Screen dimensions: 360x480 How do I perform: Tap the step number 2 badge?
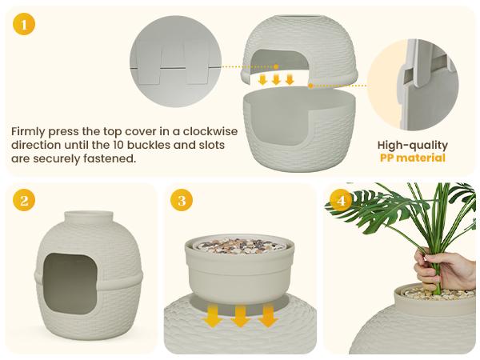[24, 201]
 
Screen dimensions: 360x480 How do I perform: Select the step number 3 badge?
[182, 201]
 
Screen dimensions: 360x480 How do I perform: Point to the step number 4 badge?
[342, 201]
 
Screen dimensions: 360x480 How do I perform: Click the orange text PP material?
[412, 158]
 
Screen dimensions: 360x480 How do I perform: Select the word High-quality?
[412, 145]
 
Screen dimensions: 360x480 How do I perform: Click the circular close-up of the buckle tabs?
[174, 64]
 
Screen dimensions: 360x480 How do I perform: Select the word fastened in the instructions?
[110, 159]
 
